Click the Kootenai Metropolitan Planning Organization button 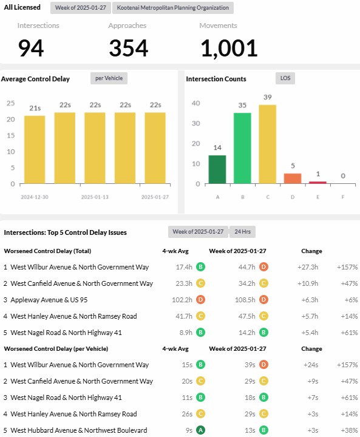click(x=173, y=8)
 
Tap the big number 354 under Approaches click(x=129, y=48)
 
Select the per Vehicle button click(x=109, y=78)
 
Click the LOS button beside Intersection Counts click(x=285, y=78)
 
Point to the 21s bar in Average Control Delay click(x=35, y=150)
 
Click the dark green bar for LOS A click(x=217, y=169)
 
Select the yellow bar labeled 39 click(x=268, y=144)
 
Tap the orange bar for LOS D click(x=293, y=178)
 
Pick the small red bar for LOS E click(x=318, y=183)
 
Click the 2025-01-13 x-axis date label click(x=95, y=197)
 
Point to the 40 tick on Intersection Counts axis click(x=195, y=103)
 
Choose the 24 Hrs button click(x=242, y=232)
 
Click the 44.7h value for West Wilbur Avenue click(x=247, y=267)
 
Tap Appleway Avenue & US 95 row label click(x=49, y=300)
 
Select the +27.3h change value click(x=308, y=267)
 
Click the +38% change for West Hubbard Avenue click(x=349, y=430)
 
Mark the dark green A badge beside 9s click(x=200, y=430)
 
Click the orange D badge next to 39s click(x=263, y=365)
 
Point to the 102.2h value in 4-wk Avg click(x=182, y=300)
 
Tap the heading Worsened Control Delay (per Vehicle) click(x=56, y=348)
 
